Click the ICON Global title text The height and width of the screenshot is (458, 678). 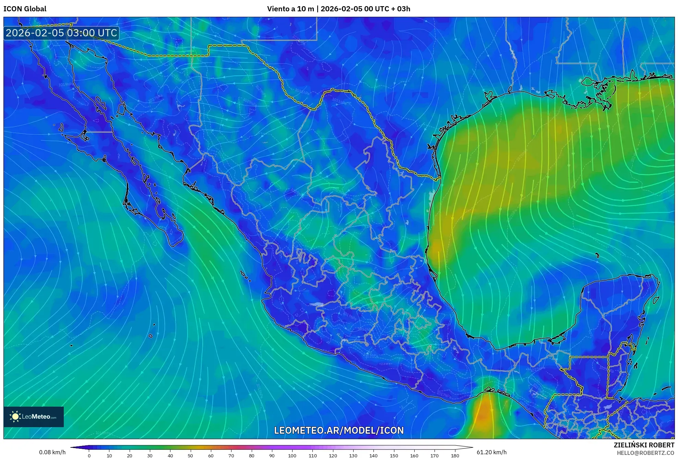(25, 9)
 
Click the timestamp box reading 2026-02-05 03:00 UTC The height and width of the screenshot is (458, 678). (61, 33)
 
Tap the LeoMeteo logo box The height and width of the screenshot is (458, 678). (34, 417)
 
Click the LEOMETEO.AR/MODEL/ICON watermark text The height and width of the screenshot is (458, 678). (339, 430)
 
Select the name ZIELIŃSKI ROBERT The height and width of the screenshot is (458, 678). (644, 445)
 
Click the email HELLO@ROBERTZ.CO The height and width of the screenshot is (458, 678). (645, 453)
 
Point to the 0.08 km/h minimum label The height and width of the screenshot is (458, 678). (52, 452)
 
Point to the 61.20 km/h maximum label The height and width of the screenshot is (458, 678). (491, 452)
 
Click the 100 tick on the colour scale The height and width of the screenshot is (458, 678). (292, 455)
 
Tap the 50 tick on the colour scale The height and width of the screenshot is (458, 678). (190, 455)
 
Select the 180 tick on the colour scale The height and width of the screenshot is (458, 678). (455, 455)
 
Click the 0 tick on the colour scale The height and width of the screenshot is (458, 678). (89, 455)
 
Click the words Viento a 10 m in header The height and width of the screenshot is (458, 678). (290, 9)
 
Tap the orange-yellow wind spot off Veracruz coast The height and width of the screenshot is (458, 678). (436, 248)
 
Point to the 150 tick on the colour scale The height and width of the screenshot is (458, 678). (394, 455)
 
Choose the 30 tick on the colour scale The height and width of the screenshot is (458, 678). (150, 455)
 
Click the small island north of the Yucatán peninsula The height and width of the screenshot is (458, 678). (597, 255)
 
